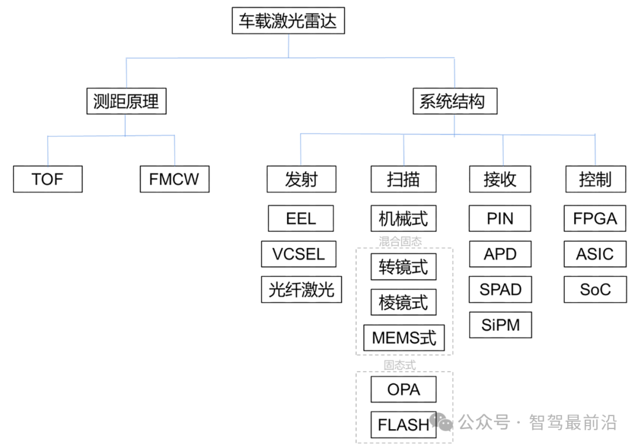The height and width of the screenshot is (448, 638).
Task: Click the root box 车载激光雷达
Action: coord(288,21)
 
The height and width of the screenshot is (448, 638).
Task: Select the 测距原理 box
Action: coord(126,101)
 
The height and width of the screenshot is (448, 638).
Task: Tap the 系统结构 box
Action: coord(455,101)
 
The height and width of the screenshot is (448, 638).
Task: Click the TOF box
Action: coord(48,179)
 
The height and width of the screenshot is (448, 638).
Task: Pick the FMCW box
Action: coord(174,179)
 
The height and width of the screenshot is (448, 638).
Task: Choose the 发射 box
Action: coord(301,179)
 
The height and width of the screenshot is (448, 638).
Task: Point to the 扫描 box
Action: coord(403,179)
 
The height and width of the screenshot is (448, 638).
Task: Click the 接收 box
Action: coord(500,179)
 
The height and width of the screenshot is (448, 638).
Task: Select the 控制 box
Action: coord(595,179)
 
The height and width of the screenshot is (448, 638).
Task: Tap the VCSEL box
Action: coord(299,254)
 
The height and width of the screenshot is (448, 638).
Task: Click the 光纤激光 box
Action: coord(301,289)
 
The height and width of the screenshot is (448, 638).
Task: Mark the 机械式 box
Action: coord(403,218)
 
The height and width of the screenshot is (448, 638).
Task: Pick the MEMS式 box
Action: coord(404,338)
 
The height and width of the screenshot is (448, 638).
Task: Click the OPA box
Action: coord(403,389)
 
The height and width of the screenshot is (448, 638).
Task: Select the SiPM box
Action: coord(500,325)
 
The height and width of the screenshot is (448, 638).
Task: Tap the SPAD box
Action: coord(500,289)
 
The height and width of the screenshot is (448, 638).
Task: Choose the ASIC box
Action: coord(595,254)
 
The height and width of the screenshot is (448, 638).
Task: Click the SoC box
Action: coord(595,289)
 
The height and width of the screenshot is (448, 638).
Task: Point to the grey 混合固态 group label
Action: coord(401,241)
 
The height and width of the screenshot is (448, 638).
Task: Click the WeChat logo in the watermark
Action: coord(441,421)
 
